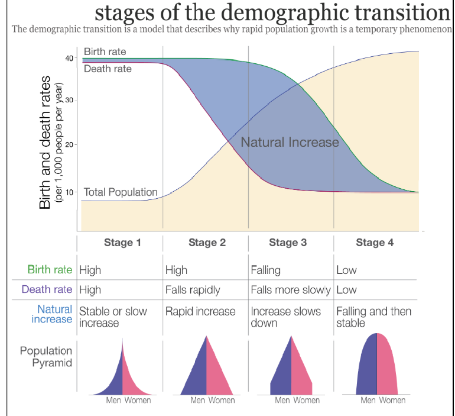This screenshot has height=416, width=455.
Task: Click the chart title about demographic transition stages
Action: coord(272,12)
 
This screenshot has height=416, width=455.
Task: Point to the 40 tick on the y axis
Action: coord(69,58)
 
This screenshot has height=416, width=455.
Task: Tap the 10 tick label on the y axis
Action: coord(69,192)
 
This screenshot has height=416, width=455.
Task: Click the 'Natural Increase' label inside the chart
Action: coord(290,142)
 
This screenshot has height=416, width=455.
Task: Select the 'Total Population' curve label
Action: coord(121,192)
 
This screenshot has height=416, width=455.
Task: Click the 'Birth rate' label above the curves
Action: coord(105,52)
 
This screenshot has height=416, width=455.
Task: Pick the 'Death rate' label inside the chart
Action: coord(108,69)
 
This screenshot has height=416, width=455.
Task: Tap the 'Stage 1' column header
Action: coord(122,242)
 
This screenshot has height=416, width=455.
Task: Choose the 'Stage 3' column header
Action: coord(288,242)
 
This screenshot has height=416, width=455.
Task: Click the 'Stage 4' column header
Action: coord(375,242)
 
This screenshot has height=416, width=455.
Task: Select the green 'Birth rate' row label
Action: coord(50,270)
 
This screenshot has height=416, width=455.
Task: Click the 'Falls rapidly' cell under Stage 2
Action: coord(193,290)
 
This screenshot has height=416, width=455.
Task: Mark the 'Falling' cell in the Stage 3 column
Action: coord(265,270)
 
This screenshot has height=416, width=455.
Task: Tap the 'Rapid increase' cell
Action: coord(200,311)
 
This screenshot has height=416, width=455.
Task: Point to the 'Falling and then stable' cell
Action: coord(373,317)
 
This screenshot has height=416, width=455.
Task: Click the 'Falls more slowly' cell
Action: coord(290,290)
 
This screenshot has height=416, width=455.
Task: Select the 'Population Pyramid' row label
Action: coord(46,357)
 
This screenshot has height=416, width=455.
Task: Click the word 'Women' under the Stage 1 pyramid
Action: coord(137,401)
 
